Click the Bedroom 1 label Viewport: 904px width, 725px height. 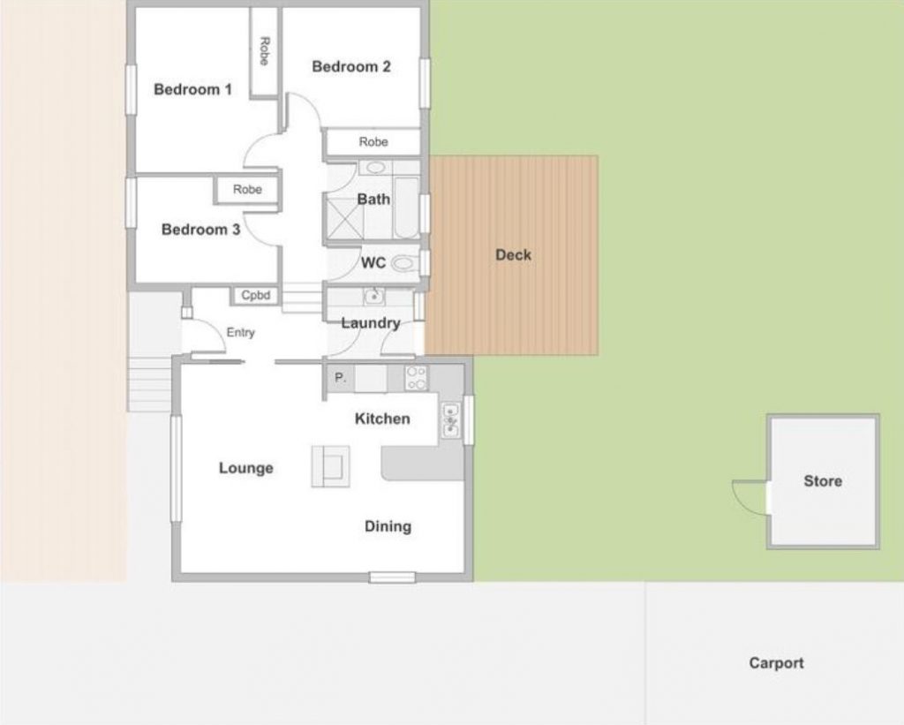(192, 89)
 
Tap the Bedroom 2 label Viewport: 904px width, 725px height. (351, 66)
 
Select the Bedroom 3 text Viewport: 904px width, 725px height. (200, 230)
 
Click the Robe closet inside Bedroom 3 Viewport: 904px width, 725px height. (247, 190)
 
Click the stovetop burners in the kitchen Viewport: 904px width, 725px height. (417, 378)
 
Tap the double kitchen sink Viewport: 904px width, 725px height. (451, 419)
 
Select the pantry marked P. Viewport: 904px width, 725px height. (340, 378)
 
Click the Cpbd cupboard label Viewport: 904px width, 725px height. (255, 295)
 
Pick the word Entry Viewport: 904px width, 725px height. (240, 333)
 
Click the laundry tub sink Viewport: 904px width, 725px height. (374, 297)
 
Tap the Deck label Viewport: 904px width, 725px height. (513, 255)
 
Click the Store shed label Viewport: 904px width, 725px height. (823, 481)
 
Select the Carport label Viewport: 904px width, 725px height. (776, 663)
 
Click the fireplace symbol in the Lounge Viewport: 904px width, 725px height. (330, 466)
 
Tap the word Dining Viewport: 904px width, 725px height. (388, 526)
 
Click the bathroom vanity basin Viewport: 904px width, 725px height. (376, 168)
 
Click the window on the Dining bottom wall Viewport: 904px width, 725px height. (392, 577)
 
